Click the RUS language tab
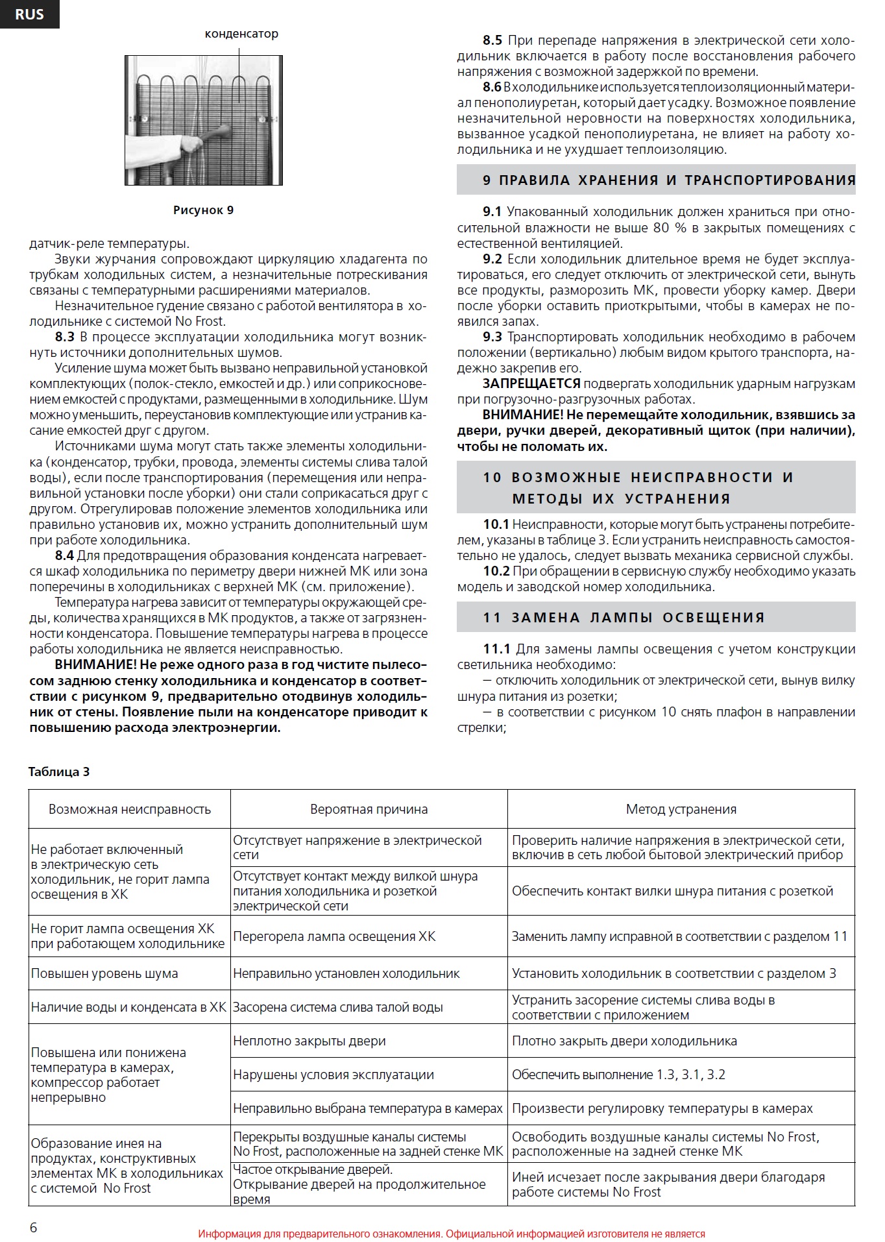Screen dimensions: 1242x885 coord(29,14)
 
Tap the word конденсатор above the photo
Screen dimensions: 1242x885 coord(241,34)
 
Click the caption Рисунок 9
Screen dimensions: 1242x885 coord(203,210)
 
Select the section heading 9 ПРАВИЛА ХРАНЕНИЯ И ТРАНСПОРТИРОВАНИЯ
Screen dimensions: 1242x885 coord(656,180)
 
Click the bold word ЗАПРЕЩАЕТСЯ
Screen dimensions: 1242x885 coord(531,384)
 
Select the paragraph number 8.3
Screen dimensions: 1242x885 coord(65,337)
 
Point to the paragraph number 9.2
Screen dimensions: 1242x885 coord(492,259)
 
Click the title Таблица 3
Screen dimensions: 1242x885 coord(59,772)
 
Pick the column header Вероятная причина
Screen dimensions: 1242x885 coord(369,809)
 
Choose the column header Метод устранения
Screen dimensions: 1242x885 coord(681,809)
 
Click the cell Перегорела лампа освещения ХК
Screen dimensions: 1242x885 coord(334,936)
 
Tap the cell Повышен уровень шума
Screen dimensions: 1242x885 coord(104,973)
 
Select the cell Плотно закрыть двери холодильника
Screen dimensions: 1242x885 coord(624,1041)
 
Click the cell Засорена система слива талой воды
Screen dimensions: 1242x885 coord(338,1007)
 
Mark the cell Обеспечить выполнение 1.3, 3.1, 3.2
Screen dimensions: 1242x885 coord(618,1075)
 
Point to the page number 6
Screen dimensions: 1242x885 coord(34,1227)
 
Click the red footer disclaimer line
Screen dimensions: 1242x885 coord(452,1234)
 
